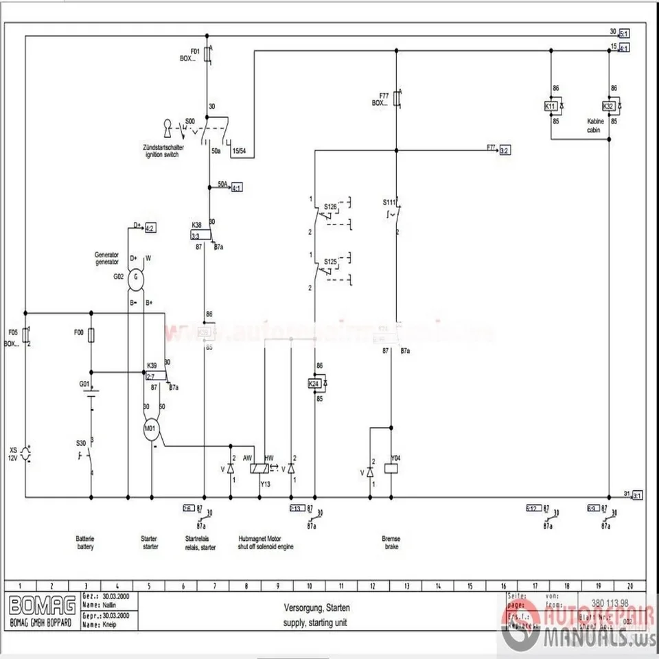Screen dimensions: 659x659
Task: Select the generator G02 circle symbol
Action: [136, 277]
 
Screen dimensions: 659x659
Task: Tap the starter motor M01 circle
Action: [151, 430]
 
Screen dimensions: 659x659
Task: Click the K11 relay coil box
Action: [551, 106]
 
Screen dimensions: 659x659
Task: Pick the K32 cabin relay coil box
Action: [608, 106]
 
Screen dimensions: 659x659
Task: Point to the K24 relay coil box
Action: [314, 383]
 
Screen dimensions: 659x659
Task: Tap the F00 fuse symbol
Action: [91, 336]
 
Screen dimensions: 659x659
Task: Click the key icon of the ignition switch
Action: [167, 128]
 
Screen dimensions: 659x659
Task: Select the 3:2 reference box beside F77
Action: [505, 150]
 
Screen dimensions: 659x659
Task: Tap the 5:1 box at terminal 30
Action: [624, 32]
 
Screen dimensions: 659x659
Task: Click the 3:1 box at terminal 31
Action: [636, 495]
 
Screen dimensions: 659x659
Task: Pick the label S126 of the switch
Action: [330, 206]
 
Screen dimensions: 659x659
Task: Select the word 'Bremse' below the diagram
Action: [391, 540]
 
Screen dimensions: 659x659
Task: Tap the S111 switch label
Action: [389, 203]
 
